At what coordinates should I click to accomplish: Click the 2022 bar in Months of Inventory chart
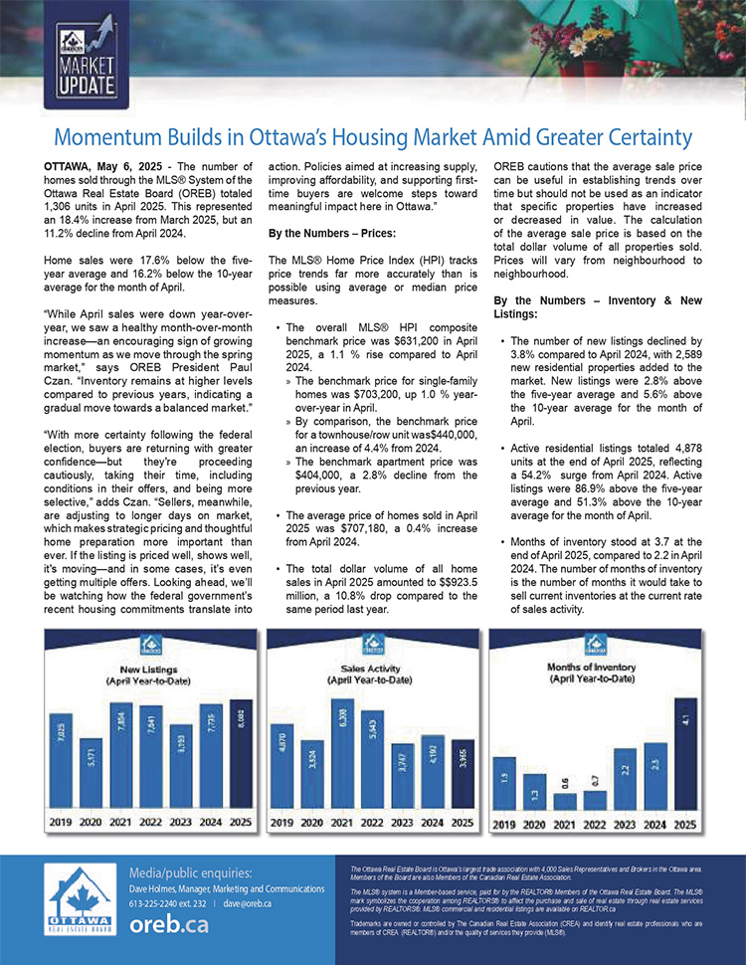click(595, 798)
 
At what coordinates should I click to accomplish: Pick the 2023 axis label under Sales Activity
click(402, 823)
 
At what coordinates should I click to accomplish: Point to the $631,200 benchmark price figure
click(399, 338)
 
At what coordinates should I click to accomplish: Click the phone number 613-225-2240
click(155, 903)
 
